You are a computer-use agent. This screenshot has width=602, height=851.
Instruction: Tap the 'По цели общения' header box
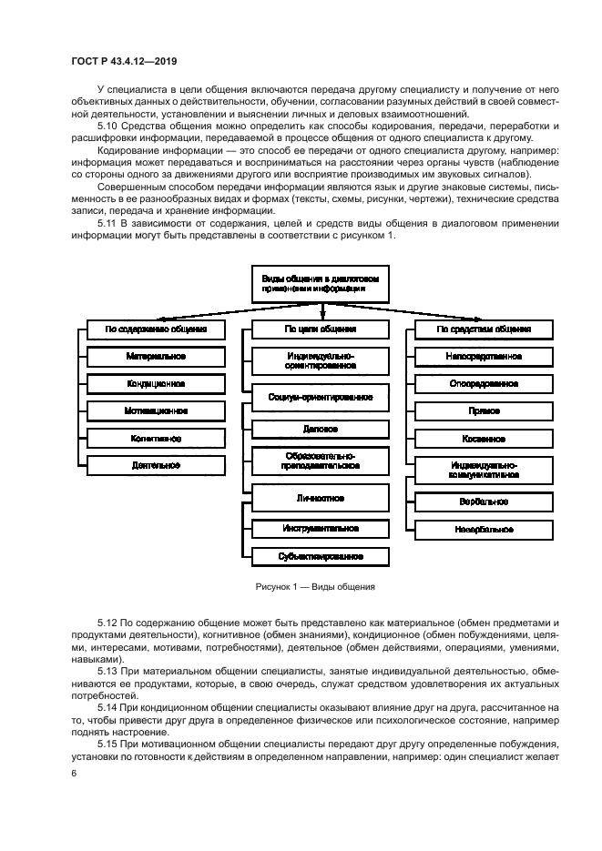pos(319,329)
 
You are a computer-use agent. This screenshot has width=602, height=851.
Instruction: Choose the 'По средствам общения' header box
pos(483,329)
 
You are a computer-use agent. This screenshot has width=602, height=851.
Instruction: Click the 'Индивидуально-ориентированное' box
pos(319,360)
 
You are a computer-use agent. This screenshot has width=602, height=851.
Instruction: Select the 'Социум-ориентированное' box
pos(319,398)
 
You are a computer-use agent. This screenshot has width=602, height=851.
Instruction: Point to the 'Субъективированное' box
pos(319,555)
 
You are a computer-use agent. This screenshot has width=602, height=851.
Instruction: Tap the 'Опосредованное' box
pos(483,384)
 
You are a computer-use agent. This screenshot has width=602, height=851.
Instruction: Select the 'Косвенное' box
pos(483,439)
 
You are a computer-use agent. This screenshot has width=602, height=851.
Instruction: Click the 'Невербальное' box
pos(483,528)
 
